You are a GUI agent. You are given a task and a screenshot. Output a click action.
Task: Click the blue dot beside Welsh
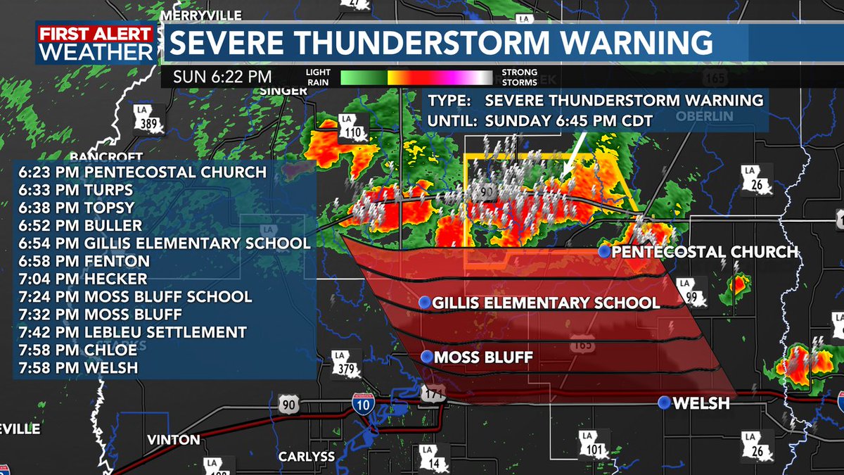pyautogui.click(x=664, y=403)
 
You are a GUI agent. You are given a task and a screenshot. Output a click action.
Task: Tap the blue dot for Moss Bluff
pyautogui.click(x=426, y=356)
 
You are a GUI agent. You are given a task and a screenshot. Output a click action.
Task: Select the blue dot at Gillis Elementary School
pyautogui.click(x=424, y=302)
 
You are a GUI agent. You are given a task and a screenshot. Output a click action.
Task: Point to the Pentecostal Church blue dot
pyautogui.click(x=603, y=251)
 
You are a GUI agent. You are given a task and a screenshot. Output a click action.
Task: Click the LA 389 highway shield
pyautogui.click(x=149, y=123)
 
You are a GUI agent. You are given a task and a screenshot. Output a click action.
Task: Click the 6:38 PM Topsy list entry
pyautogui.click(x=86, y=208)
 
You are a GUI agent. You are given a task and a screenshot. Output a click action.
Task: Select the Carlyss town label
pyautogui.click(x=307, y=456)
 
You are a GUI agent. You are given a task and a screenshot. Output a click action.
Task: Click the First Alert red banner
pyautogui.click(x=96, y=34)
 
